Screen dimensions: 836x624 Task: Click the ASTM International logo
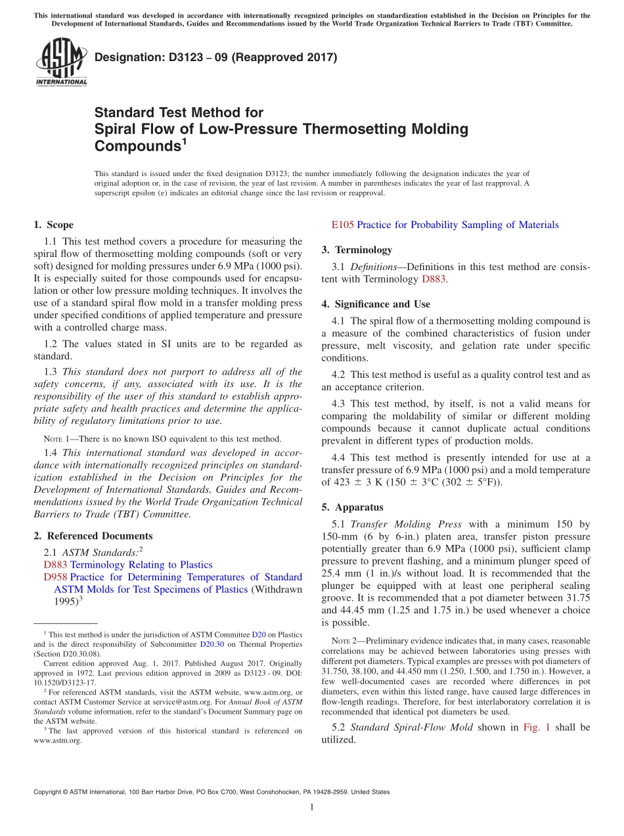(x=61, y=62)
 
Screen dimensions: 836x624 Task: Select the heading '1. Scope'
(x=53, y=225)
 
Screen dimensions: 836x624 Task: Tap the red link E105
(x=342, y=225)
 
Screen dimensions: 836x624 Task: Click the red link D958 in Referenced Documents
(x=55, y=577)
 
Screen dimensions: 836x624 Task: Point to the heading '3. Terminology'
(x=357, y=250)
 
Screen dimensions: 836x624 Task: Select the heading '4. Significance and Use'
(x=376, y=304)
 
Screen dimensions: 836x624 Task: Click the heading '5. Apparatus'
(x=352, y=507)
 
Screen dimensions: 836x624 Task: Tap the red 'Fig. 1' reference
(x=537, y=727)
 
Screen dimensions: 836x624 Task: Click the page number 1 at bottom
(x=312, y=807)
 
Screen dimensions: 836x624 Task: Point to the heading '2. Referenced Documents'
(x=93, y=536)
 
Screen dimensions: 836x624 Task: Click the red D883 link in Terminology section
(x=434, y=279)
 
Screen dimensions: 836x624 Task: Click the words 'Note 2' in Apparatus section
(x=345, y=641)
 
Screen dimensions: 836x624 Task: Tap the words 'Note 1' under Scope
(x=56, y=439)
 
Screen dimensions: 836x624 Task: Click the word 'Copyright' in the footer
(x=49, y=792)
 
